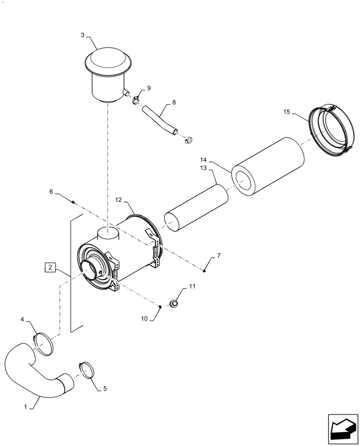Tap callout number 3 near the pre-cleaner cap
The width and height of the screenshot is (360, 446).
pyautogui.click(x=83, y=35)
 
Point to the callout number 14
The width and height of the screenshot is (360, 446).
pyautogui.click(x=203, y=160)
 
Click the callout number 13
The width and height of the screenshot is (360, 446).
pyautogui.click(x=203, y=168)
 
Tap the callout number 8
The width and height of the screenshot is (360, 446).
pyautogui.click(x=173, y=102)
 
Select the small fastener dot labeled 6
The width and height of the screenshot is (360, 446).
pyautogui.click(x=73, y=202)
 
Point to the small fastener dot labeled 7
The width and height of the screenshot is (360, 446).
pyautogui.click(x=204, y=270)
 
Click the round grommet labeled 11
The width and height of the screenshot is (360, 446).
pyautogui.click(x=175, y=304)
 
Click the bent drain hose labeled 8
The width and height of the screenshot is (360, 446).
pyautogui.click(x=158, y=119)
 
